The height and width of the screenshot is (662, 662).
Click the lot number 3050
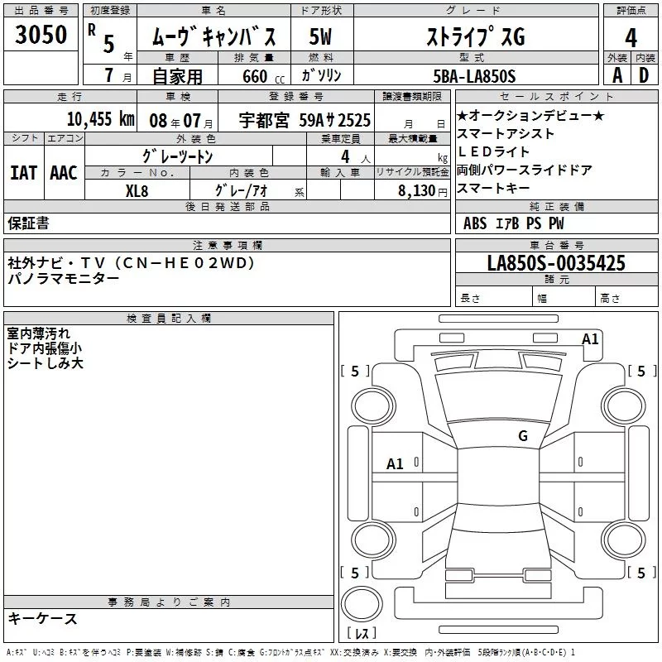pos(41,34)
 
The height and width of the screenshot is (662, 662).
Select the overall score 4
pos(631,38)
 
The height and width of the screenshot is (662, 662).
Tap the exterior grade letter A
pos(617,75)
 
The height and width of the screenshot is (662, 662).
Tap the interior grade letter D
pos(644,75)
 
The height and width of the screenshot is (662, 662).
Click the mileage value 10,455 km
pos(101,119)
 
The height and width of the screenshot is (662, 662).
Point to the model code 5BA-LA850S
pos(474,76)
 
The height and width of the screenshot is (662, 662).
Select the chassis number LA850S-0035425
pos(556,262)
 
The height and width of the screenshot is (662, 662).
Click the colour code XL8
pos(137,191)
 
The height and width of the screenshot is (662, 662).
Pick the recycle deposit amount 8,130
pos(416,191)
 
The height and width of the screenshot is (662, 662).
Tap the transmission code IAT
pos(23,173)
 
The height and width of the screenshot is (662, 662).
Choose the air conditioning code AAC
pos(64,173)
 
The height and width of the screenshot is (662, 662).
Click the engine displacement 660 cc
pos(263,76)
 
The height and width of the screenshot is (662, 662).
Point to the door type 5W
pos(320,36)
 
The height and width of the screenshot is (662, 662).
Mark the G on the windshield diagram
pos(523,435)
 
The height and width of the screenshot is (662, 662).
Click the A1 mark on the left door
pos(395,464)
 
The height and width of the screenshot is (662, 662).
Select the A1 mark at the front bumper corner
pos(590,339)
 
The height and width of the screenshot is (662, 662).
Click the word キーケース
pos(43,618)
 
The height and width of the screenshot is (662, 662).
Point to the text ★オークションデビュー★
pos(530,115)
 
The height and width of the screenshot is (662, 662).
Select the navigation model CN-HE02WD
pos(185,263)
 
